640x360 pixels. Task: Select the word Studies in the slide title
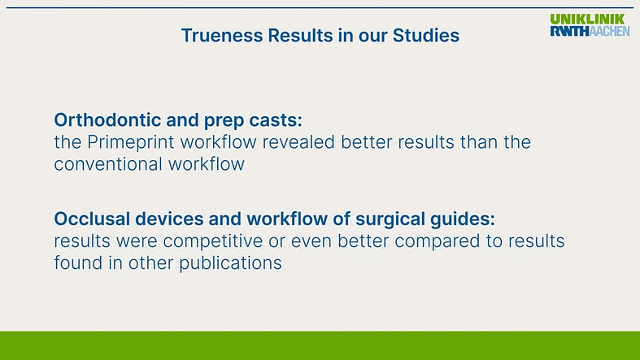coord(425,36)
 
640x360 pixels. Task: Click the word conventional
coord(108,164)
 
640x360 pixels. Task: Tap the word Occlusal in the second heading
coord(92,219)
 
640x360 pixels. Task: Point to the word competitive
coord(212,242)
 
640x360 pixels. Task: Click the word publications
coord(230,264)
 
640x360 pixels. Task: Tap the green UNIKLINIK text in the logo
coord(587,19)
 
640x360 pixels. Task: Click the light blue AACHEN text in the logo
coord(609,31)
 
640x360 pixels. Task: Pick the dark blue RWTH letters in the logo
coord(570,31)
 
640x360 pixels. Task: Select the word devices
coord(169,219)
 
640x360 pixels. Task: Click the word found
coord(78,263)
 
